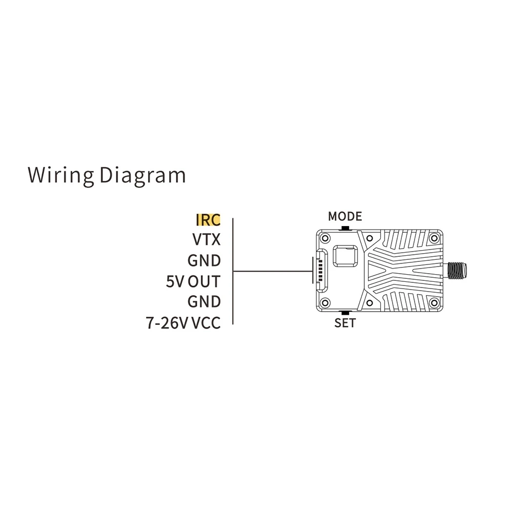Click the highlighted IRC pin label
coord(208,220)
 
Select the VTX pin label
coord(206,240)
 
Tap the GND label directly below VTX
coord(204,260)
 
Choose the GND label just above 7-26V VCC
coord(204,302)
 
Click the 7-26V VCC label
coord(183,323)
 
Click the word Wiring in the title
coord(61,175)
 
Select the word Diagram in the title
coord(142,175)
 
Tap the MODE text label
coord(345,216)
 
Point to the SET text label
coord(345,323)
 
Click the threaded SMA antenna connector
coord(457,270)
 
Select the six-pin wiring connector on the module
coord(321,270)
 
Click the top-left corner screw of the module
coord(324,238)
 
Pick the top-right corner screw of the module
coord(435,238)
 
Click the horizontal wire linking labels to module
coord(272,271)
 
